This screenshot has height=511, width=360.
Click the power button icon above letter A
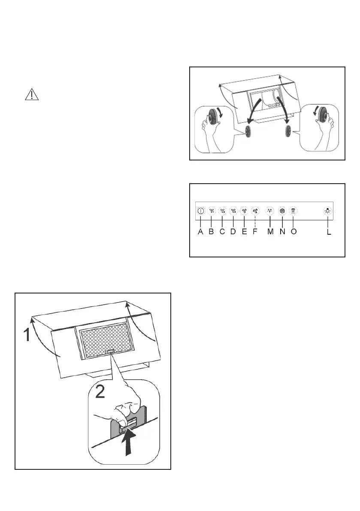click(200, 211)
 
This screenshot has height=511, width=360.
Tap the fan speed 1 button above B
click(212, 211)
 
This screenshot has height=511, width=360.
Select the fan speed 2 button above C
click(222, 211)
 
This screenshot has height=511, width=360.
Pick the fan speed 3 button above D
click(233, 211)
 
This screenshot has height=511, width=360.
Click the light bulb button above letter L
click(328, 211)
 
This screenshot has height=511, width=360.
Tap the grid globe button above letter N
click(282, 211)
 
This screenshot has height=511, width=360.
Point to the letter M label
click(270, 232)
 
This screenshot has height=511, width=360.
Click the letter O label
click(293, 232)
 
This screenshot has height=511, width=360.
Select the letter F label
click(255, 232)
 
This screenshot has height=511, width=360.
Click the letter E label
click(244, 232)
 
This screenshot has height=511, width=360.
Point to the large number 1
click(27, 335)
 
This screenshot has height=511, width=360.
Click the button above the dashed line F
click(255, 211)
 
